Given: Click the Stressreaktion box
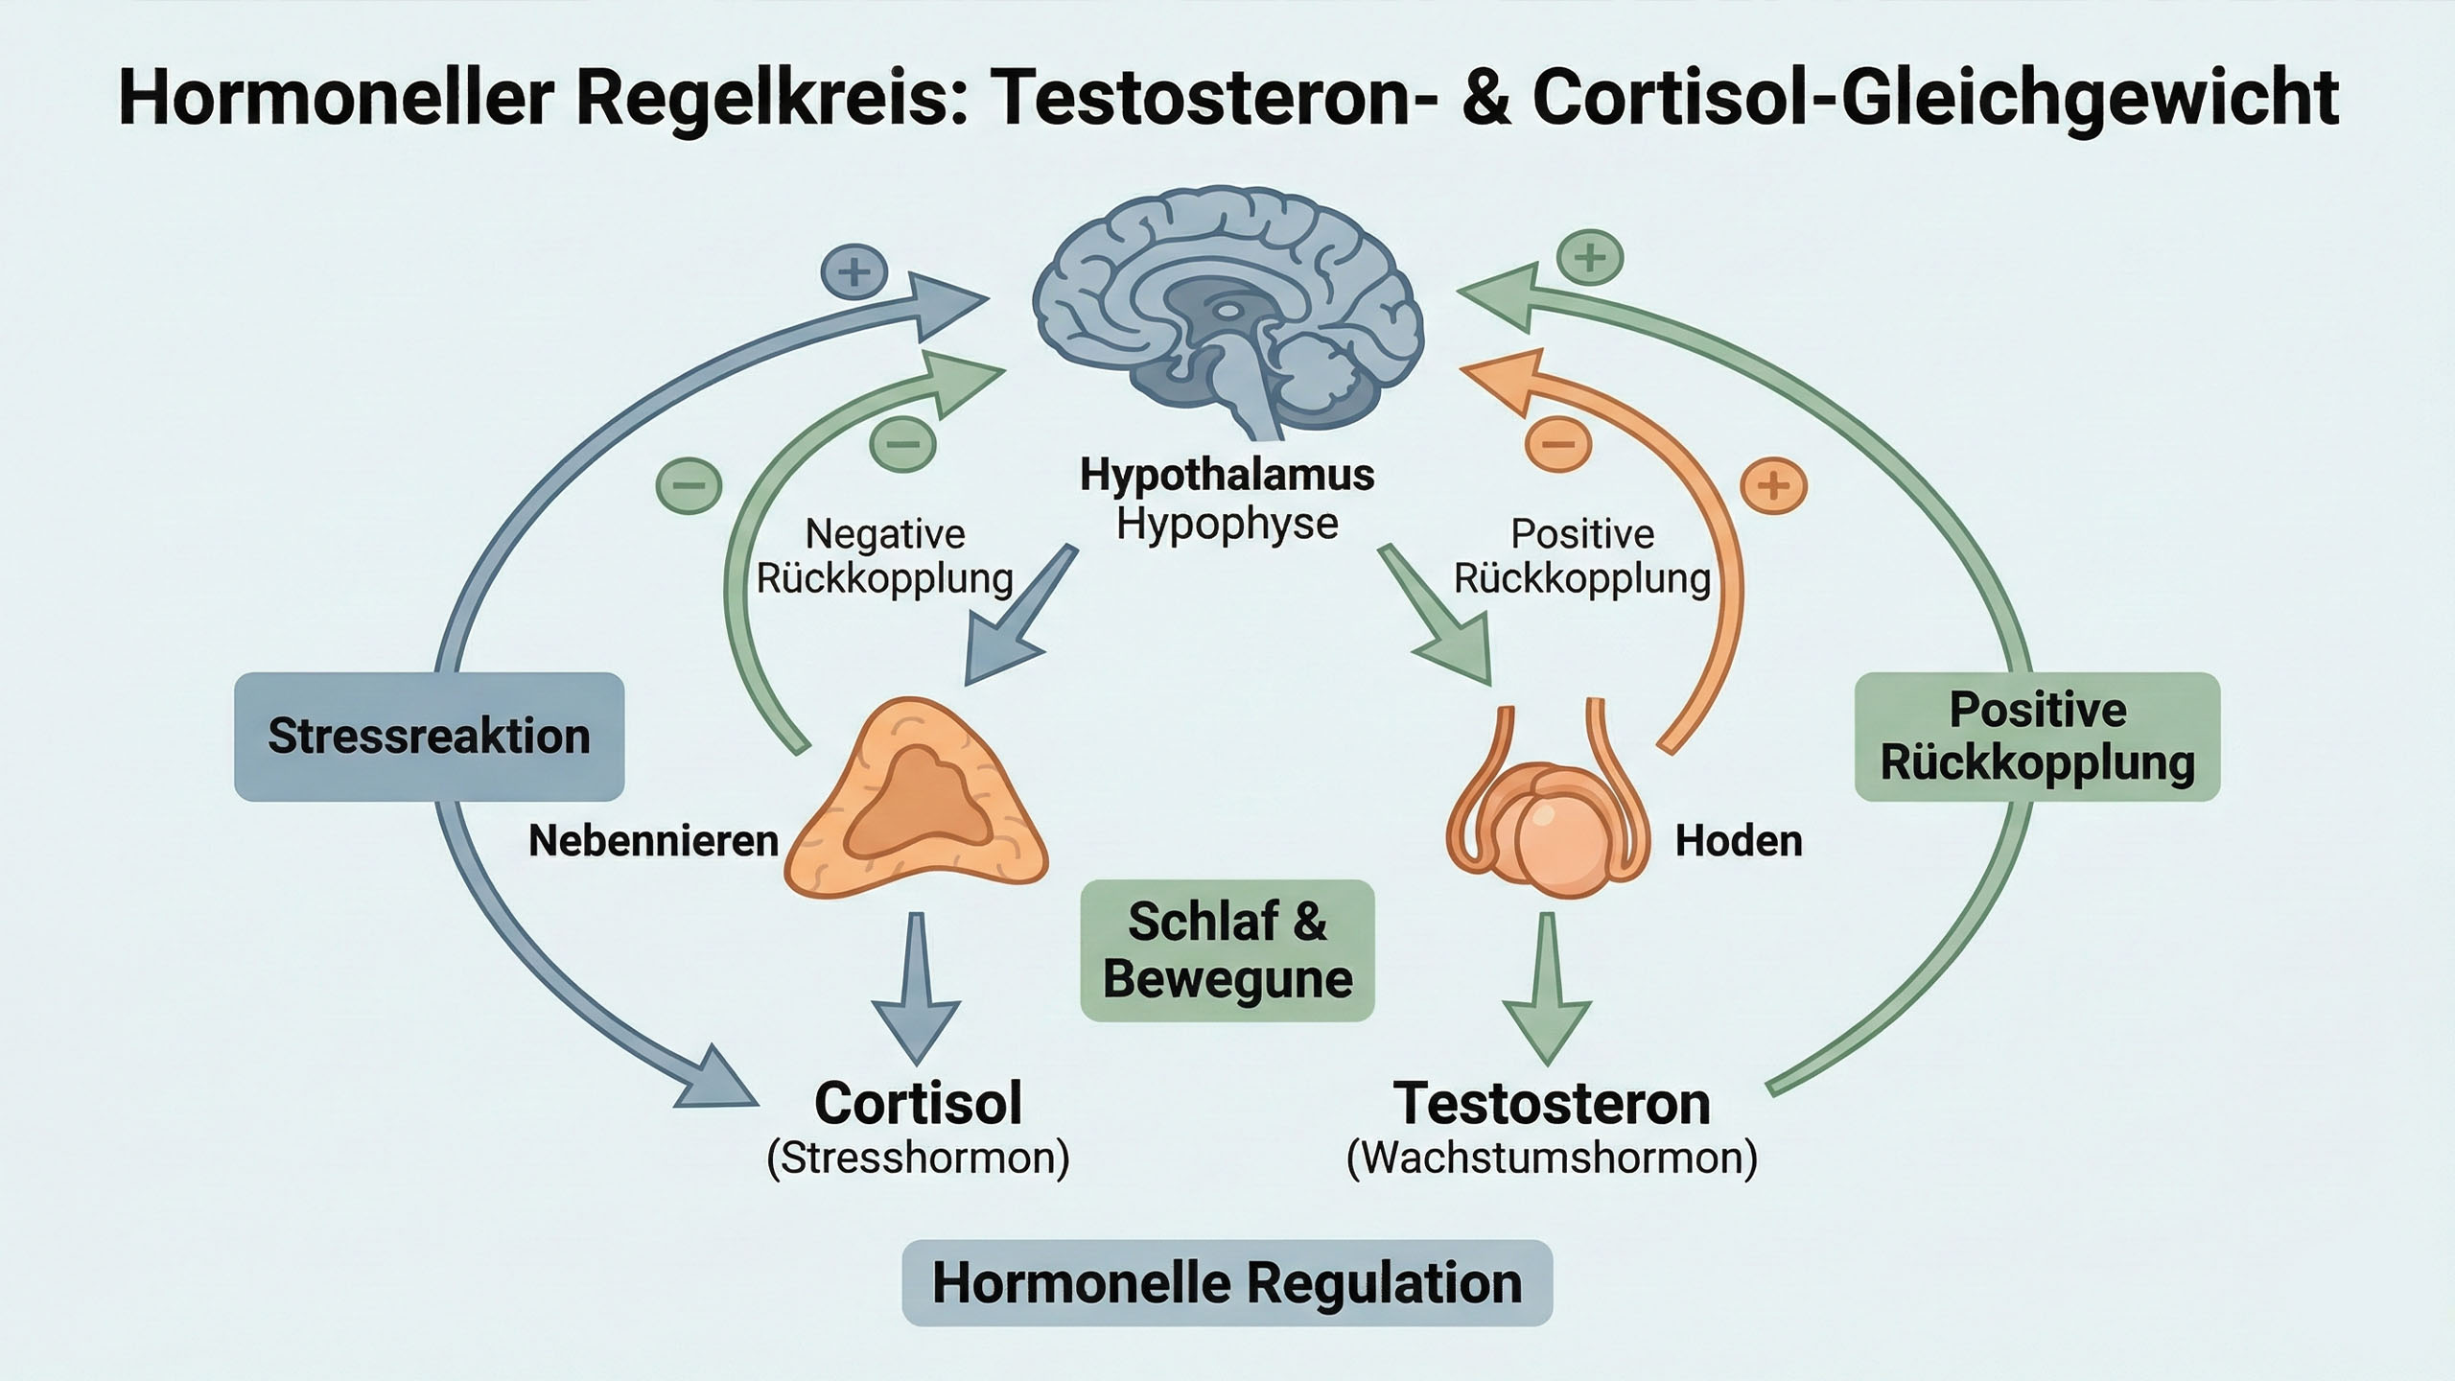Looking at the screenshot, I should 429,737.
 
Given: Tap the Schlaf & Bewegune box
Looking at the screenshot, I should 1227,950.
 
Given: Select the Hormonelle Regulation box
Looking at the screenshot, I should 1227,1283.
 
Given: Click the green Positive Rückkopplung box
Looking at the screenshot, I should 2037,737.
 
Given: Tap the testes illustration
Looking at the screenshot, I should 1547,815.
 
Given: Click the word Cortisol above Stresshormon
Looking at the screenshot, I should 918,1103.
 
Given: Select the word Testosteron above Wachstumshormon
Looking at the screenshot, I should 1552,1103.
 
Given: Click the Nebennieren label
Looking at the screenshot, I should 653,841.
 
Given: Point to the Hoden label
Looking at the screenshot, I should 1739,841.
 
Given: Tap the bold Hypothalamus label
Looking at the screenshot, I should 1227,475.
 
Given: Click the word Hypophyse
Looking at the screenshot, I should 1227,524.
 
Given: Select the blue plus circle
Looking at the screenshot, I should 853,273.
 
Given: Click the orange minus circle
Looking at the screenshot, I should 1558,444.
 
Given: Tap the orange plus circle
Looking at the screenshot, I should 1773,485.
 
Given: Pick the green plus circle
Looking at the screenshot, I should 1590,257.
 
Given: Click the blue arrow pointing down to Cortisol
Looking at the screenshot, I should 916,988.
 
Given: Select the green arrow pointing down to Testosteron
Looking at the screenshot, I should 1547,988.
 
